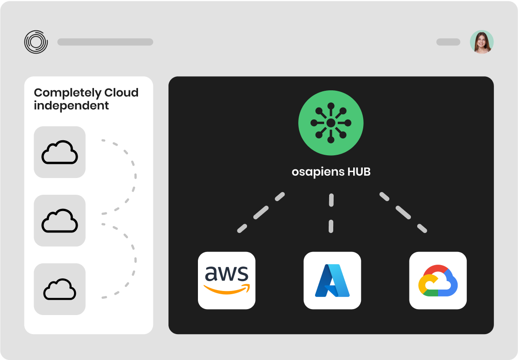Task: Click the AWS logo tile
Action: pyautogui.click(x=227, y=280)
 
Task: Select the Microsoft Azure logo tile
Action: pyautogui.click(x=332, y=280)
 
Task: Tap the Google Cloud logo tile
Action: pyautogui.click(x=438, y=280)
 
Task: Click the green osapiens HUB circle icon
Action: pyautogui.click(x=331, y=123)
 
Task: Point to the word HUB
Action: pyautogui.click(x=359, y=173)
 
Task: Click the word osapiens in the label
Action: pyautogui.click(x=317, y=173)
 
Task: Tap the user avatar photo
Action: pyautogui.click(x=482, y=42)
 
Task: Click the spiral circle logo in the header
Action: pyautogui.click(x=36, y=42)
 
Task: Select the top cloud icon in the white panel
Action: pyautogui.click(x=59, y=152)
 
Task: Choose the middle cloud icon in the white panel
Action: pyautogui.click(x=59, y=221)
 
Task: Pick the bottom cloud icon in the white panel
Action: pyautogui.click(x=59, y=289)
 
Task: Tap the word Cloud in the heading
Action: pyautogui.click(x=121, y=93)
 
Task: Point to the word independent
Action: pyautogui.click(x=71, y=106)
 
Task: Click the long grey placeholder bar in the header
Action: pyautogui.click(x=105, y=42)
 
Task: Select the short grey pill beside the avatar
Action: pyautogui.click(x=448, y=42)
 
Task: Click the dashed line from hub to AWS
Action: pyautogui.click(x=261, y=212)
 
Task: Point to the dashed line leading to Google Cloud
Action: pyautogui.click(x=403, y=212)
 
